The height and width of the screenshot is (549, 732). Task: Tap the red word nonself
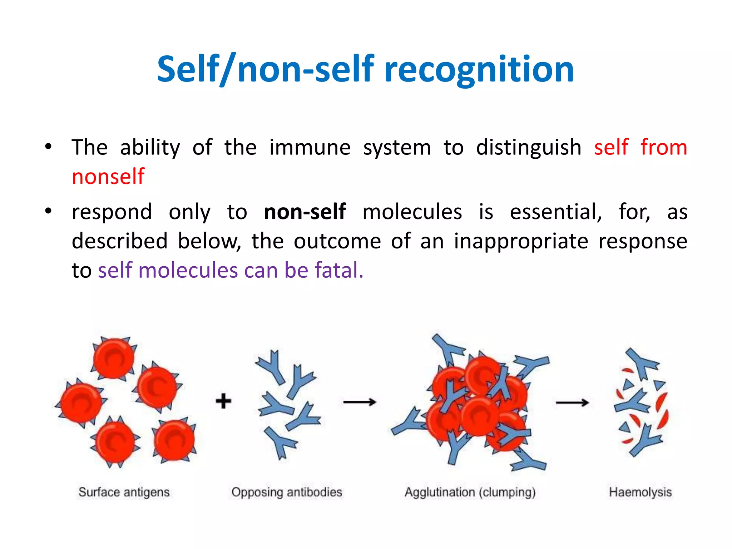point(108,177)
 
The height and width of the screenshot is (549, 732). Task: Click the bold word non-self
point(305,212)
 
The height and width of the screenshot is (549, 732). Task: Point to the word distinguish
point(529,148)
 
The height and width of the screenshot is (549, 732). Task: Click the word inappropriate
point(521,241)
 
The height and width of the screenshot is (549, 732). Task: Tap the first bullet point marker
point(49,147)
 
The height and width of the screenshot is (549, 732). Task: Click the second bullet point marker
point(49,211)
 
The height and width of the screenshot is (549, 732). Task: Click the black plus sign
point(223,401)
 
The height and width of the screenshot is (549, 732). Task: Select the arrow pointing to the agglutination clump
point(359,402)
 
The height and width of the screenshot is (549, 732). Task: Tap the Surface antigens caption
point(124,492)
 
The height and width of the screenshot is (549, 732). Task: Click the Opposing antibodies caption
point(287,492)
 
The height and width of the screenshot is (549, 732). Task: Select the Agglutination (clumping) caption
point(470,492)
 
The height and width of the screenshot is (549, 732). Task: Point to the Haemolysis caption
point(640,492)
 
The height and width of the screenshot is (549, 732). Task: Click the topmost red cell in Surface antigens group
point(114,358)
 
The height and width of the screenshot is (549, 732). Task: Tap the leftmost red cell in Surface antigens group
point(81,402)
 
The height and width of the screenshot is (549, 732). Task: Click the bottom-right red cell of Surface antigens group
point(174,440)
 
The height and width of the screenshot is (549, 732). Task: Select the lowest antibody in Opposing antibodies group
point(281,442)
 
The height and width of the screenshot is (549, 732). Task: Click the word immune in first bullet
point(310,148)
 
